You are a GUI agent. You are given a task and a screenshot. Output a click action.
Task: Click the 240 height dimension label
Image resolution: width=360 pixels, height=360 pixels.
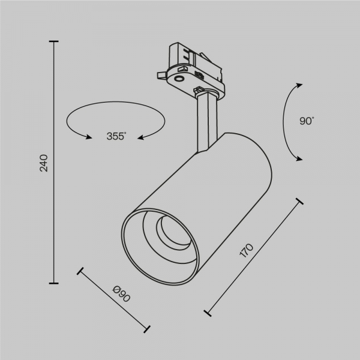tap(43, 163)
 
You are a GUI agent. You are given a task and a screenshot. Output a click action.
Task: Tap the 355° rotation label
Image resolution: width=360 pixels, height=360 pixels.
tap(115, 136)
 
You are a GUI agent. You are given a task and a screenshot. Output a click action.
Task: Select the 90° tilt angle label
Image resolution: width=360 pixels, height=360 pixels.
tap(306, 121)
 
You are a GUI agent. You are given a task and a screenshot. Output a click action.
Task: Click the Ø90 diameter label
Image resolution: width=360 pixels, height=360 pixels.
tap(121, 295)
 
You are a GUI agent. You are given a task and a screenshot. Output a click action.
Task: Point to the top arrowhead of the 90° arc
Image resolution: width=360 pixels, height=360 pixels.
tap(298, 85)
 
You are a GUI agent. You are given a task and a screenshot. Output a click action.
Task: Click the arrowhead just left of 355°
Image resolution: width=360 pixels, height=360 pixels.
tap(89, 137)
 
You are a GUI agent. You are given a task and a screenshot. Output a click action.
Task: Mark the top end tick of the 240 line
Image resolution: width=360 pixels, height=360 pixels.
tap(55, 41)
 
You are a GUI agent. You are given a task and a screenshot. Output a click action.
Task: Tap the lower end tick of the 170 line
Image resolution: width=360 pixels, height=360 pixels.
tap(208, 313)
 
